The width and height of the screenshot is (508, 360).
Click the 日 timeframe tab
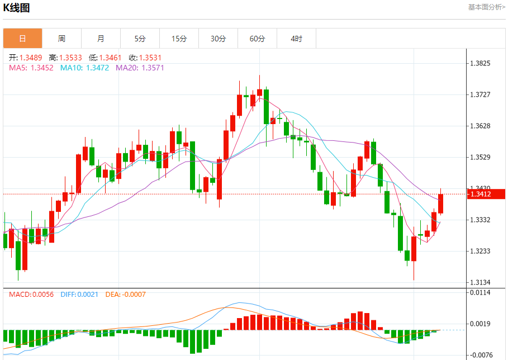(x=22, y=39)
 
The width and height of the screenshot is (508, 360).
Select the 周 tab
(x=61, y=39)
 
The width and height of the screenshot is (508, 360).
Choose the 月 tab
(x=101, y=39)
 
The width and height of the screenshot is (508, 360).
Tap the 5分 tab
(x=140, y=39)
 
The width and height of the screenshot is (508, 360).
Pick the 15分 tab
(x=179, y=39)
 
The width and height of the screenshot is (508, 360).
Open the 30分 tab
(x=218, y=39)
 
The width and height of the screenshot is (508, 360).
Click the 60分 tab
(x=257, y=39)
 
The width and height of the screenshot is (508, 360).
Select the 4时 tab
(x=296, y=39)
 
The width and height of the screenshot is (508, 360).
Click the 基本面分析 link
(x=486, y=7)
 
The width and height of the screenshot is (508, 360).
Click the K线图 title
(x=17, y=7)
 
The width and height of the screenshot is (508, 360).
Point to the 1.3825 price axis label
(x=481, y=63)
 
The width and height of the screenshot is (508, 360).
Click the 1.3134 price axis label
(x=481, y=282)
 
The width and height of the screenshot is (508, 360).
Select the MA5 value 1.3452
(x=41, y=68)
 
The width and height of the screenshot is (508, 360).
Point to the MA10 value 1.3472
(x=97, y=68)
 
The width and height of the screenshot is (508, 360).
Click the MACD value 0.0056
(x=42, y=294)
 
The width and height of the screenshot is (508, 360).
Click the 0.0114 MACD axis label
(x=481, y=292)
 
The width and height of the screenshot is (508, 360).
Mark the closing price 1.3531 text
(x=150, y=58)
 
